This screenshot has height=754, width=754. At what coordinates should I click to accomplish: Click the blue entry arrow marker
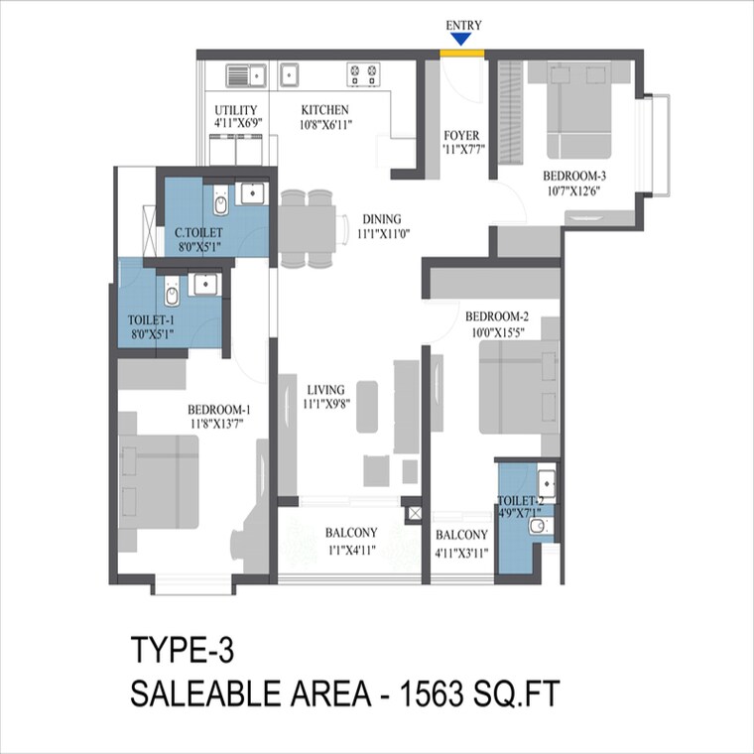460,39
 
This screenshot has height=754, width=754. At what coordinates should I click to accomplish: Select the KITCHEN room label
325,110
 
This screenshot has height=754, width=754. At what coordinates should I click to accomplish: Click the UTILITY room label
236,110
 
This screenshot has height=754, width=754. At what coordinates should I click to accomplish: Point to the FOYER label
461,136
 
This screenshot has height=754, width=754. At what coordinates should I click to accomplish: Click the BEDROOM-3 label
575,176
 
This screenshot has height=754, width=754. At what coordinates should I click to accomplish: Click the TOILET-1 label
152,320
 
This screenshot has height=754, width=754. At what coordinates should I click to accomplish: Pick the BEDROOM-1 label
218,410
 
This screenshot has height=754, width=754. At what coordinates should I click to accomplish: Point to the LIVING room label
324,390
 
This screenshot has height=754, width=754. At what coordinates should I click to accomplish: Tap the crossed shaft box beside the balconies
415,514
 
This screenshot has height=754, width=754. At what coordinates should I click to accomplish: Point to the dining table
307,228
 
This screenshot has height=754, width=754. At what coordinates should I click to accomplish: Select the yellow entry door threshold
462,52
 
